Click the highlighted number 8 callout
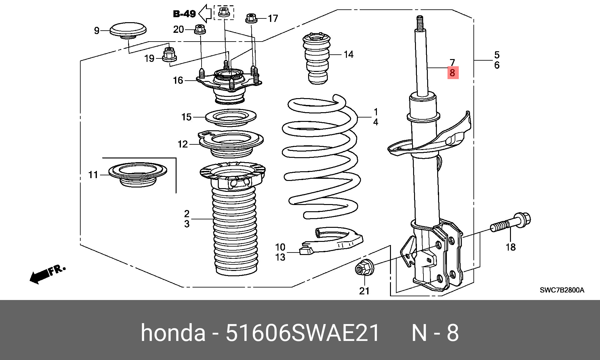tap(452, 73)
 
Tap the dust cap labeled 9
tap(128, 31)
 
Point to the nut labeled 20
tap(199, 30)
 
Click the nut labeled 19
tap(169, 54)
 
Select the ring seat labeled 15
tap(231, 118)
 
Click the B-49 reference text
tap(184, 14)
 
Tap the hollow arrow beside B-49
tap(205, 13)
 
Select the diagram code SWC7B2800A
tap(562, 290)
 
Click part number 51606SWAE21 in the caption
tap(302, 333)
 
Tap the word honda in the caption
tap(173, 333)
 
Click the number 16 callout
tap(178, 80)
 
